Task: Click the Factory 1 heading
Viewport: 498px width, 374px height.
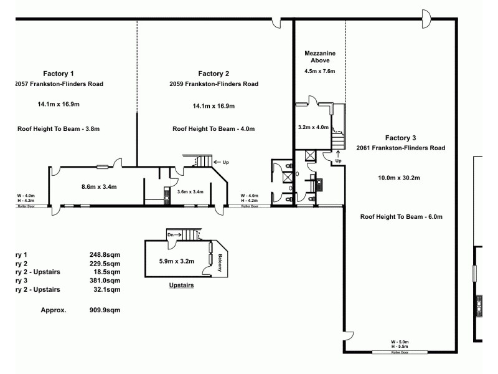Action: tap(59, 73)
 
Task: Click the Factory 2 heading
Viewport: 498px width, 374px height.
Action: tap(214, 73)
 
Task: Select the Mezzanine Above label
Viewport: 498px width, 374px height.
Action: tap(319, 57)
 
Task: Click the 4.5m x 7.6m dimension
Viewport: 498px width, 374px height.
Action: tap(319, 72)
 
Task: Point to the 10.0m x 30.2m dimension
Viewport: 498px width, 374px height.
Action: tap(399, 178)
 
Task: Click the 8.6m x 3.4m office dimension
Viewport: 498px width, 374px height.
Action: tap(100, 186)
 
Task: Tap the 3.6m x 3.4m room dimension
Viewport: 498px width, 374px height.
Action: tap(190, 191)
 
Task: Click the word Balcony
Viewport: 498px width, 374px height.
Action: tap(220, 262)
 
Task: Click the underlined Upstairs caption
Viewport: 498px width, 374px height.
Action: tap(182, 285)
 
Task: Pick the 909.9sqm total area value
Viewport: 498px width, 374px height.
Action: tap(105, 310)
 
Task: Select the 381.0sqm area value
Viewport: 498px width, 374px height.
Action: tap(105, 280)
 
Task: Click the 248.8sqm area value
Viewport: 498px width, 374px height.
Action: tap(105, 254)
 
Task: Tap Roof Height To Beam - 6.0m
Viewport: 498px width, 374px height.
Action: tap(400, 217)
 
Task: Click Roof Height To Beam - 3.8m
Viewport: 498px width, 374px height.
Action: tap(59, 128)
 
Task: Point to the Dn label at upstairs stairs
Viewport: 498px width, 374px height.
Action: tap(171, 234)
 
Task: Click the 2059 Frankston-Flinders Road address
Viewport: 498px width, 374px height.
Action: tap(214, 84)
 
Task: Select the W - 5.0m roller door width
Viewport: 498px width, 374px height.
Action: tap(399, 342)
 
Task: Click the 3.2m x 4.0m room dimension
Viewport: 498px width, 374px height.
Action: tap(313, 127)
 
